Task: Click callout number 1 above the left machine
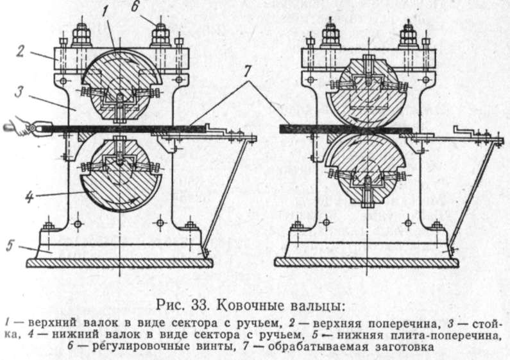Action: click(x=105, y=12)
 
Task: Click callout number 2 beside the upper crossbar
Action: click(x=20, y=51)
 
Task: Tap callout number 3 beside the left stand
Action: click(x=19, y=92)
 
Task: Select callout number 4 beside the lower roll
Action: click(x=29, y=196)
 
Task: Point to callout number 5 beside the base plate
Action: click(x=10, y=245)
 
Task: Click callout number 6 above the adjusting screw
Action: click(x=135, y=6)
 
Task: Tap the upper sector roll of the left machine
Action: click(x=121, y=85)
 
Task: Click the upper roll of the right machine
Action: click(x=368, y=92)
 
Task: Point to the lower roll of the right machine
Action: click(x=368, y=170)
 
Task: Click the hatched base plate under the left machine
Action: click(x=120, y=263)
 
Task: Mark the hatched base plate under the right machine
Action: click(x=366, y=263)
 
